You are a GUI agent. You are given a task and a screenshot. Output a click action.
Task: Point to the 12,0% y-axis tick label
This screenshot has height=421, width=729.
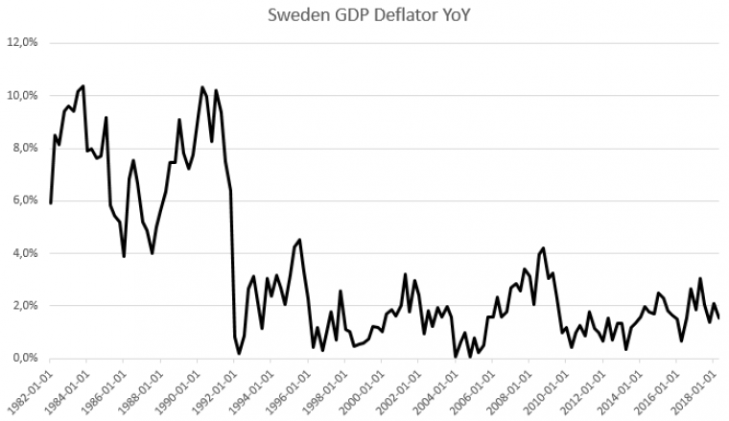click(21, 43)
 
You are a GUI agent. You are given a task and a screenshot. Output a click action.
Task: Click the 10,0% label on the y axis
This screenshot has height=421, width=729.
click(21, 96)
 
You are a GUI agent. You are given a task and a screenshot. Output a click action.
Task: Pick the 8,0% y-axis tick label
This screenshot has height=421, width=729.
click(24, 149)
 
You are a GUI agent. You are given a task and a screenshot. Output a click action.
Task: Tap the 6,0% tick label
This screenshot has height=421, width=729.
click(24, 200)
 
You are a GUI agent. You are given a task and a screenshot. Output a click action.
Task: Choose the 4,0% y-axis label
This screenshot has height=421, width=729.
click(24, 253)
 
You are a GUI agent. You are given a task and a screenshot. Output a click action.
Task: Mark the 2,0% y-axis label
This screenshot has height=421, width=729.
click(24, 306)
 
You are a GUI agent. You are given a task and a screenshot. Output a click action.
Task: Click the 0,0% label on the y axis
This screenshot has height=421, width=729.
click(24, 359)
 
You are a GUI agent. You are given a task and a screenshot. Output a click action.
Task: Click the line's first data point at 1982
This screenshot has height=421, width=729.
click(50, 203)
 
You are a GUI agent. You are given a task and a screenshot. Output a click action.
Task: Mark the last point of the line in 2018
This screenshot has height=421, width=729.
click(718, 317)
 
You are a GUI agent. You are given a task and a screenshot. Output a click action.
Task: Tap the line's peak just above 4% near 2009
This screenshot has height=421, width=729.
click(544, 248)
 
